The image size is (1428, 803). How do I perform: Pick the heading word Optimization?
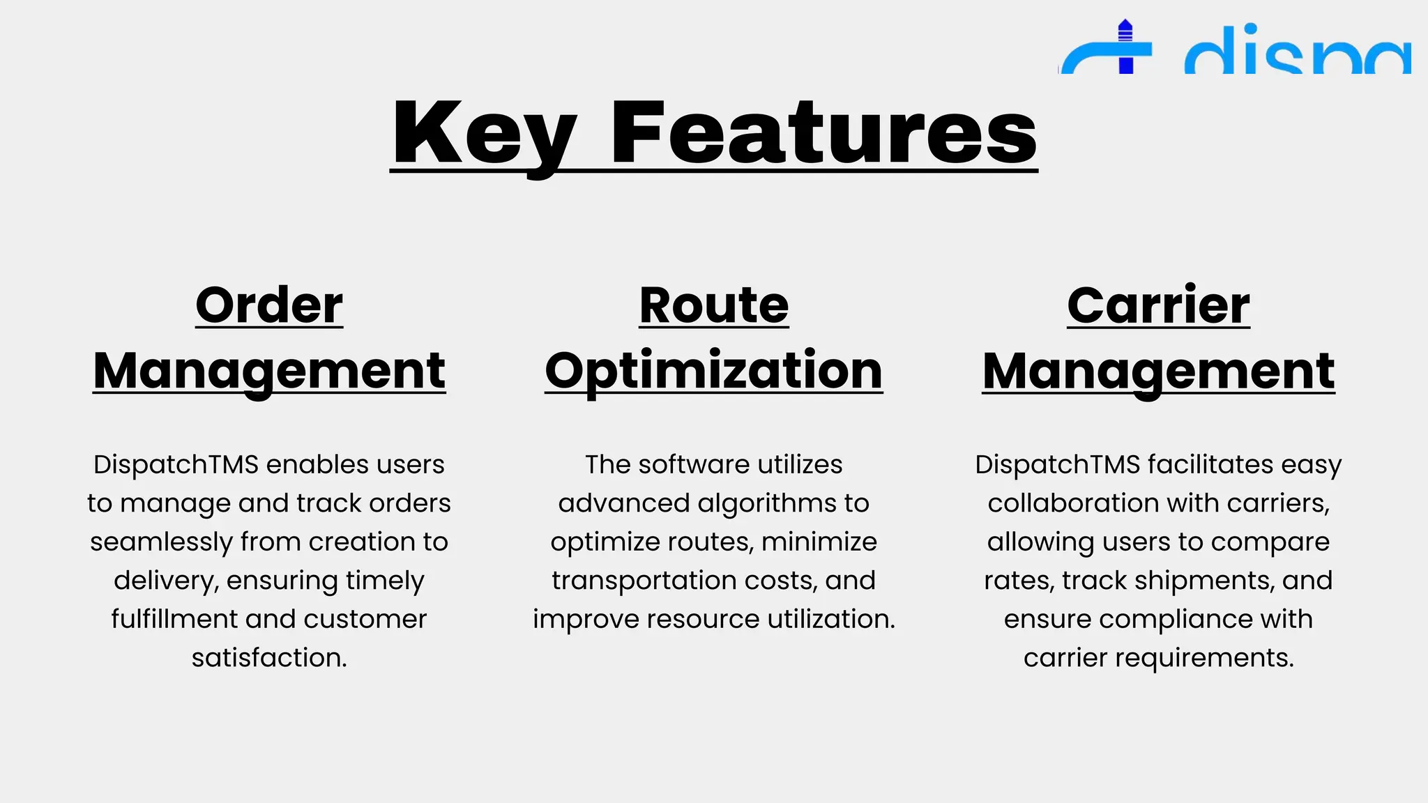click(x=714, y=370)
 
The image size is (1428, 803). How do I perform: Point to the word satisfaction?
click(x=269, y=657)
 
